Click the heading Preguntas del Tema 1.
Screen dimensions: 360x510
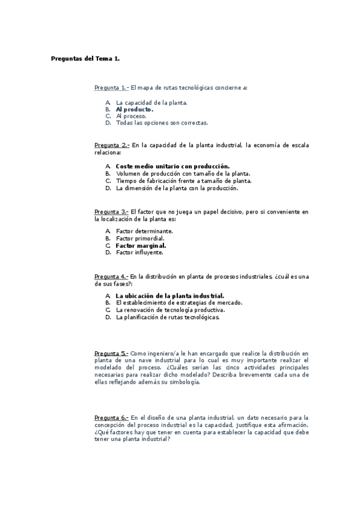coord(85,58)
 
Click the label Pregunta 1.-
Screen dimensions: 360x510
coord(111,88)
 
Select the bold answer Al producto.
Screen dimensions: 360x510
coord(135,110)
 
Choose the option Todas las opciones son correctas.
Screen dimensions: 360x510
coord(162,123)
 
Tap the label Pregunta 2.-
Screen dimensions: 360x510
coord(112,145)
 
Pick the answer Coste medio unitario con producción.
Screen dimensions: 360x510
coord(172,166)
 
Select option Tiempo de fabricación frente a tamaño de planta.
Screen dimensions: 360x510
coord(183,180)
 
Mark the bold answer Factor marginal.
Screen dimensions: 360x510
coord(141,245)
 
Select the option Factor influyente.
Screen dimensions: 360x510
coord(139,253)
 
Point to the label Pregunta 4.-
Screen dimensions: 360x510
coord(111,277)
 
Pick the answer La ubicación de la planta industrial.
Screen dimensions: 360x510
coord(169,296)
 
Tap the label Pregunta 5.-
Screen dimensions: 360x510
coord(111,353)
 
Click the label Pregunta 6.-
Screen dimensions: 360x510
coord(111,417)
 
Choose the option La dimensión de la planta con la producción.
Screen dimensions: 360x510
coord(177,188)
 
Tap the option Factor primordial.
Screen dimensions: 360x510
coord(140,238)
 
